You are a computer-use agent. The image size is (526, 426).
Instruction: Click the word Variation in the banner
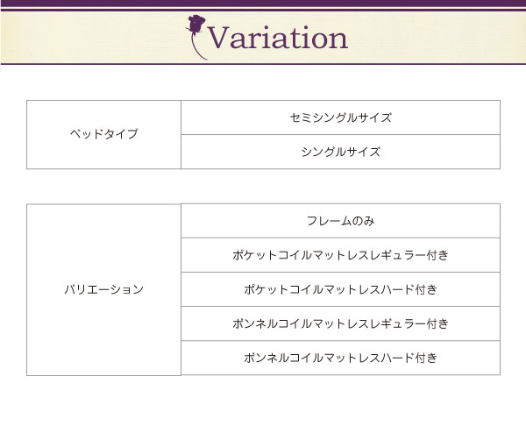click(278, 38)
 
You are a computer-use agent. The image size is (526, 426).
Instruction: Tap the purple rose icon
click(195, 37)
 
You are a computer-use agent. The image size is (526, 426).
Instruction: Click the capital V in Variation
click(219, 38)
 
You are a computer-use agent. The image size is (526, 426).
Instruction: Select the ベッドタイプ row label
click(104, 134)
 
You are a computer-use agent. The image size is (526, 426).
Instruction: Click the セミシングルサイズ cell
click(340, 117)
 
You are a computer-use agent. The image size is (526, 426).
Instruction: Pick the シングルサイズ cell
click(340, 152)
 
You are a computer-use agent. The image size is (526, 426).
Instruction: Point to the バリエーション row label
click(104, 289)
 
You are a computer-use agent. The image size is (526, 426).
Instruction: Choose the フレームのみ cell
click(340, 221)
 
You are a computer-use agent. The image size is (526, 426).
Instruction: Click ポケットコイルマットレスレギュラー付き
click(340, 255)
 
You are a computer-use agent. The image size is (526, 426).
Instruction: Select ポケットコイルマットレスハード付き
click(340, 289)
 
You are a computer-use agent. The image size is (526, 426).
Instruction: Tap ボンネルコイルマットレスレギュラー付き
click(340, 323)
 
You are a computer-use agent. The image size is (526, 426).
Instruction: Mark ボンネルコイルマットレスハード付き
click(340, 358)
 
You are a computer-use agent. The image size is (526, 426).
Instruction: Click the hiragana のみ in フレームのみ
click(363, 221)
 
